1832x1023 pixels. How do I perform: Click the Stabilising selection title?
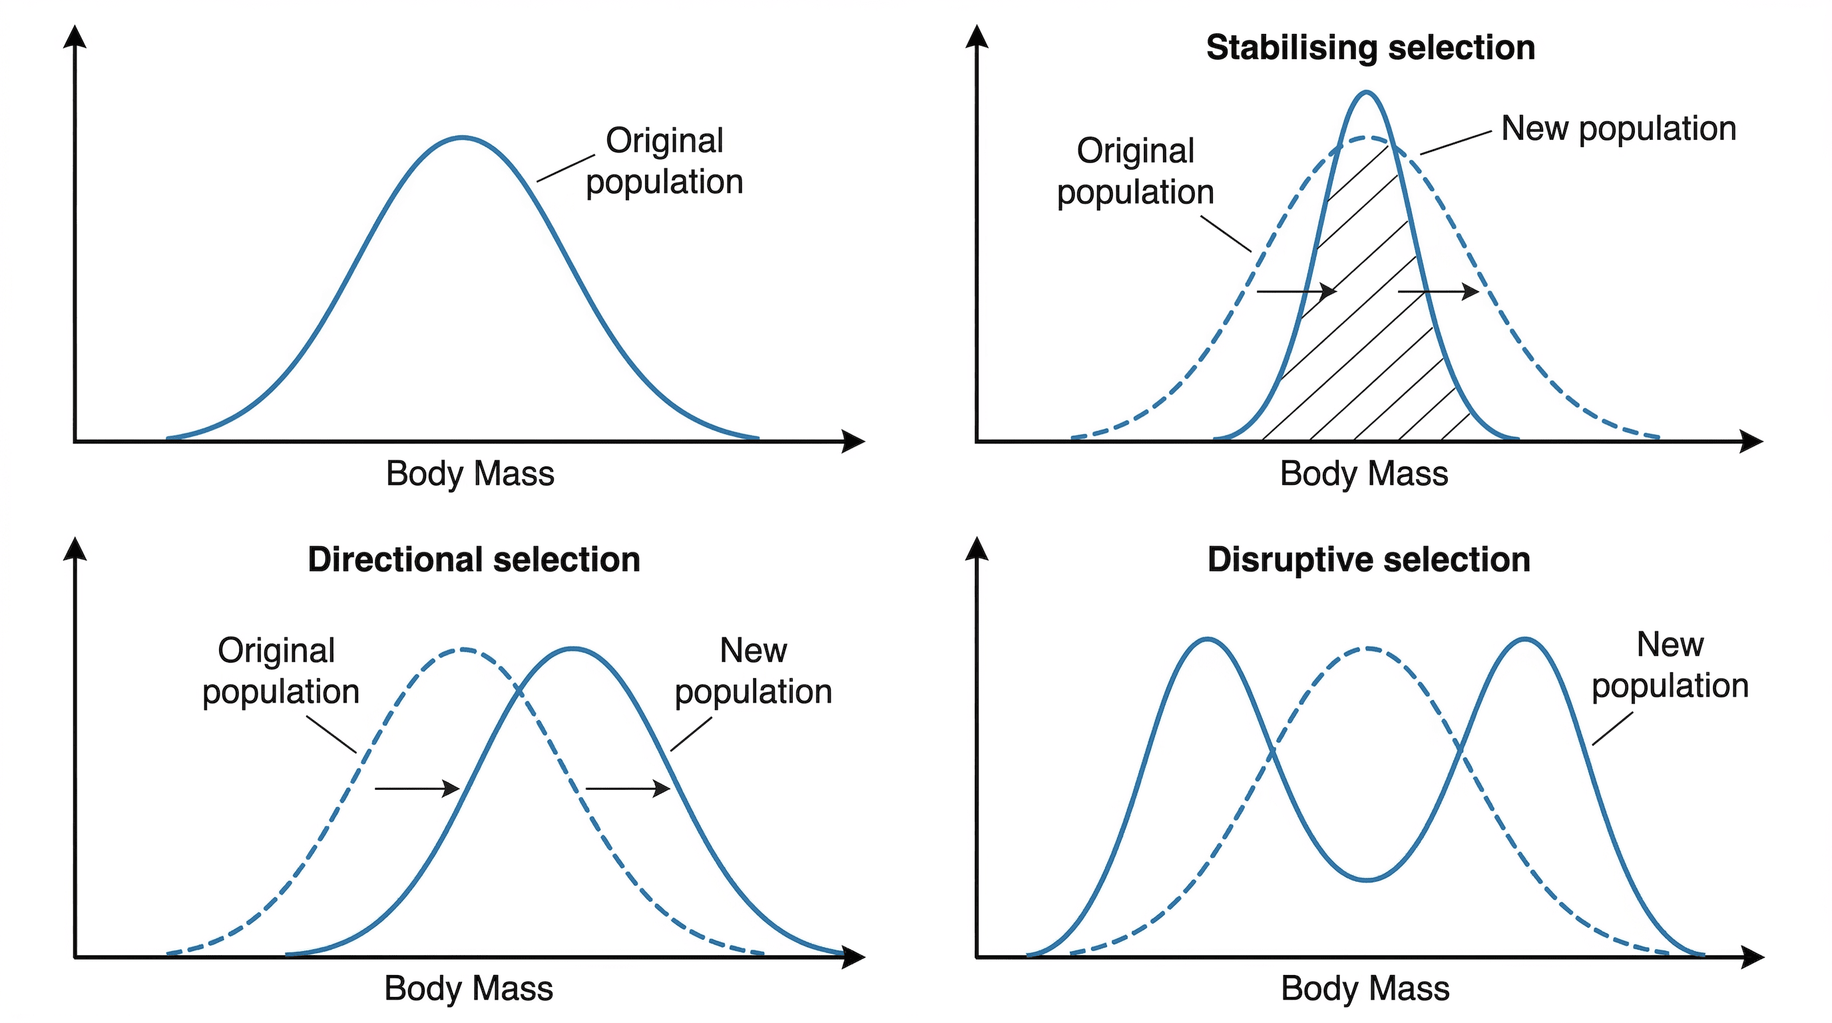(x=1370, y=49)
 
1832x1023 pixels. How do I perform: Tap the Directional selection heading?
(x=474, y=560)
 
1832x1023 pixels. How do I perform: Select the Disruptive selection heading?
(x=1368, y=560)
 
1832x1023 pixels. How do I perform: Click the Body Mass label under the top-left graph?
(x=469, y=474)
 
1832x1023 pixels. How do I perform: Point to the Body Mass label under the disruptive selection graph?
(x=1364, y=989)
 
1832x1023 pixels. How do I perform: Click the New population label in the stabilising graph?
(x=1618, y=129)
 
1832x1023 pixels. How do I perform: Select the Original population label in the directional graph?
(x=280, y=671)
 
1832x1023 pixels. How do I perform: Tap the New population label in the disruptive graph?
(x=1669, y=665)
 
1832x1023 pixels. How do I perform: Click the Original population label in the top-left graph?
(x=664, y=161)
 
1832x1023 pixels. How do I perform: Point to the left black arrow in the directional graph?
(x=417, y=789)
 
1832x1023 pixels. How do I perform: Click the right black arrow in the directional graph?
(x=627, y=789)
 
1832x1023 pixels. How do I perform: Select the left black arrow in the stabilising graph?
(x=1297, y=291)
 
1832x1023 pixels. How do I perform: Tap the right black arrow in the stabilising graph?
(x=1438, y=291)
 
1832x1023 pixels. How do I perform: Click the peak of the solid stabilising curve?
(x=1366, y=93)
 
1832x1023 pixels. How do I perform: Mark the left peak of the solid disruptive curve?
(x=1207, y=639)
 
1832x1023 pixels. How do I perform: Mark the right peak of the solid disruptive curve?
(x=1524, y=639)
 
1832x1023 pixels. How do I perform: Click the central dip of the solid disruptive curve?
(x=1367, y=880)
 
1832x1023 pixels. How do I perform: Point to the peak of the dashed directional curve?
(x=463, y=649)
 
